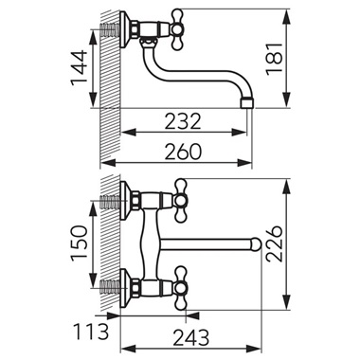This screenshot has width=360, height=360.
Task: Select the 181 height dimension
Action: (x=301, y=58)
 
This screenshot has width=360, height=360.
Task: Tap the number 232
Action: (x=182, y=121)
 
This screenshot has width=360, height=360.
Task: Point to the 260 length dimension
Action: (x=182, y=149)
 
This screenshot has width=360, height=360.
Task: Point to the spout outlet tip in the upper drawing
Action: (x=249, y=99)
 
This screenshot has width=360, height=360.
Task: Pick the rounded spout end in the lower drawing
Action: (x=255, y=243)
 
